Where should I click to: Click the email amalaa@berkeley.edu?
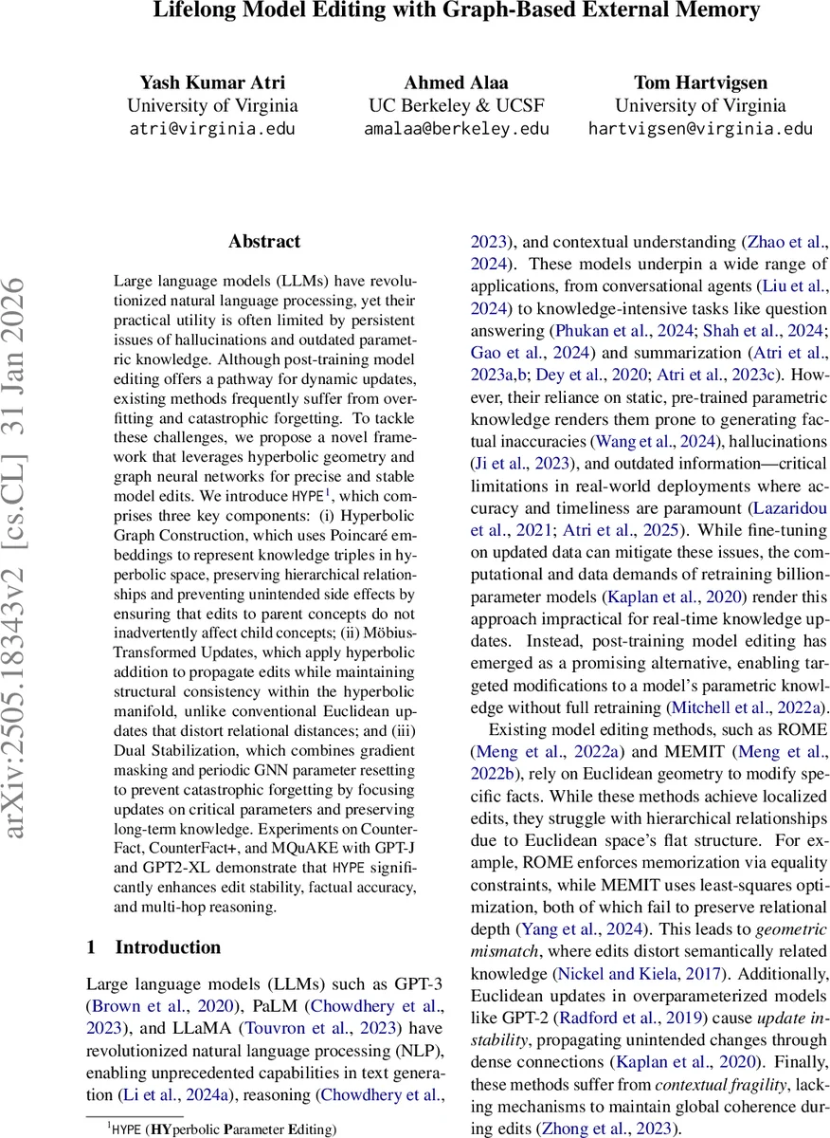[x=456, y=129]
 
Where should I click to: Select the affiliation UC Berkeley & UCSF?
[x=456, y=105]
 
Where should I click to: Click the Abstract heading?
[x=264, y=242]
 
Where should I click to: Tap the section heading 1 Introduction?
[x=153, y=947]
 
